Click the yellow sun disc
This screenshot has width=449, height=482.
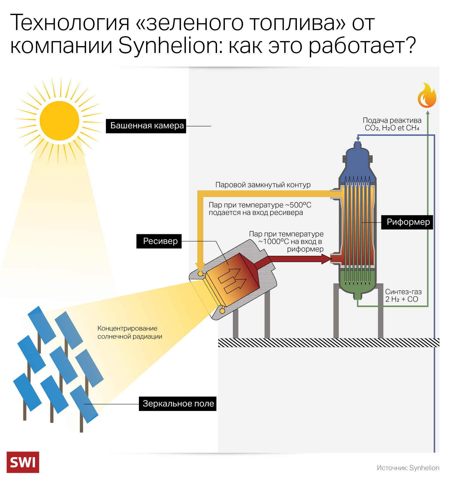coord(59,121)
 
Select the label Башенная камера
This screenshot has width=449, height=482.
coord(146,126)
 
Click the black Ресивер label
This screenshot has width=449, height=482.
coord(159,241)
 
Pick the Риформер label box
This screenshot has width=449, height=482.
coord(407,222)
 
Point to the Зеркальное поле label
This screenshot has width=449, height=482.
coord(178,404)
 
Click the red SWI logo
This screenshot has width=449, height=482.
coord(23,462)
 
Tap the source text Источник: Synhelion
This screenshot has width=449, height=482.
coord(408,468)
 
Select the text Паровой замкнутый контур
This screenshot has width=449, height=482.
coord(263,185)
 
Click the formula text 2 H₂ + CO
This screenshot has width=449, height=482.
coord(401,299)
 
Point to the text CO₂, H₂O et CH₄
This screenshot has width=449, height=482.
coord(392,128)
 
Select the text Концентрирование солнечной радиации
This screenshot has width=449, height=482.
coord(130,332)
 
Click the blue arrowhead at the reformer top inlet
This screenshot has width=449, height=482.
coord(358,139)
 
